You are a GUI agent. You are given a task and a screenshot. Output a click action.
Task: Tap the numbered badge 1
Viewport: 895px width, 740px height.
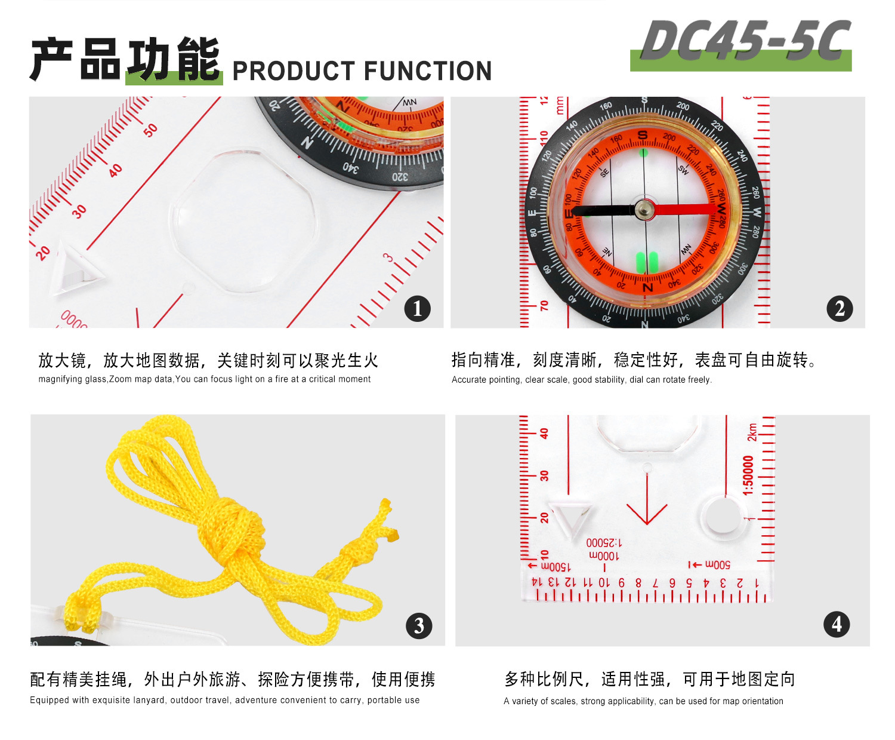pos(417,308)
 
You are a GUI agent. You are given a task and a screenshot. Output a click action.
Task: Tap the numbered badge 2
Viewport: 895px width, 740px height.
pos(840,308)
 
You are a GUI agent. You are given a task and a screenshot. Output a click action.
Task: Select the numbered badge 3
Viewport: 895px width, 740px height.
pos(419,625)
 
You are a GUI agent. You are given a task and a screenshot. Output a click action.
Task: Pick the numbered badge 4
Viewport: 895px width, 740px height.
pos(837,624)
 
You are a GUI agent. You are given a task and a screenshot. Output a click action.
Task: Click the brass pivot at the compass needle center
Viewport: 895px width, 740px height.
pos(644,209)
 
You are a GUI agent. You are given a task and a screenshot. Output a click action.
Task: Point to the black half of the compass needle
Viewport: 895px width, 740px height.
pos(603,210)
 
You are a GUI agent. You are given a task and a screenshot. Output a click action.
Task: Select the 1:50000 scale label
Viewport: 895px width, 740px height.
pos(748,475)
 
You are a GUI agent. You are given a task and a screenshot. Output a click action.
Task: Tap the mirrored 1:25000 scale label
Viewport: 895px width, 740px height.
pos(604,543)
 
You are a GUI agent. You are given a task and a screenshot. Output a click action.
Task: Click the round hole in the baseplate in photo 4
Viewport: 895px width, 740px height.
pos(723,515)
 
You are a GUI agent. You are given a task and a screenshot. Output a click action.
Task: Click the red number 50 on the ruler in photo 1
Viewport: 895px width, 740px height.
pos(150,129)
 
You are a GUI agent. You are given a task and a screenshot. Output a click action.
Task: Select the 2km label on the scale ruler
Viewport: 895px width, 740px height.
pos(752,432)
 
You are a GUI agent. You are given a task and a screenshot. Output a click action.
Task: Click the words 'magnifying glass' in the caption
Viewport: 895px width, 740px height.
pos(72,379)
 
